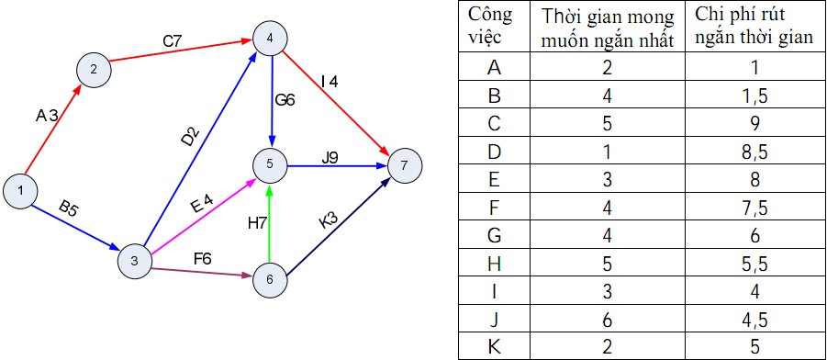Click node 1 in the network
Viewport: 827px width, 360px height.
[x=20, y=190]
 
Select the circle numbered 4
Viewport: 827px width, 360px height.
[x=270, y=37]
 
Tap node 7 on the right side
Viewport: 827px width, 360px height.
[x=405, y=165]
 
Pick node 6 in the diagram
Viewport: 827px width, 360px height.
[x=270, y=280]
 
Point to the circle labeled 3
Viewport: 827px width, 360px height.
[x=135, y=260]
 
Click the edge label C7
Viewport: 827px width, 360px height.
[x=173, y=42]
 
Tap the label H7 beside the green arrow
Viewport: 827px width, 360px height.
[x=258, y=224]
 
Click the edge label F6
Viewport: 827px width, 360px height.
[x=203, y=259]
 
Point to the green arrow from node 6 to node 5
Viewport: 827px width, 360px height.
[x=270, y=222]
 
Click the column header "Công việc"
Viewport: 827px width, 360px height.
[x=490, y=26]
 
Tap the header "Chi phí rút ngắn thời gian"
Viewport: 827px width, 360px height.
[x=754, y=26]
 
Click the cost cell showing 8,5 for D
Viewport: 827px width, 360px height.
[x=755, y=153]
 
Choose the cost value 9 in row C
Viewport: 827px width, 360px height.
[x=755, y=124]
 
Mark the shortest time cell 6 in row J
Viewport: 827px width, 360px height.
[x=607, y=319]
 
